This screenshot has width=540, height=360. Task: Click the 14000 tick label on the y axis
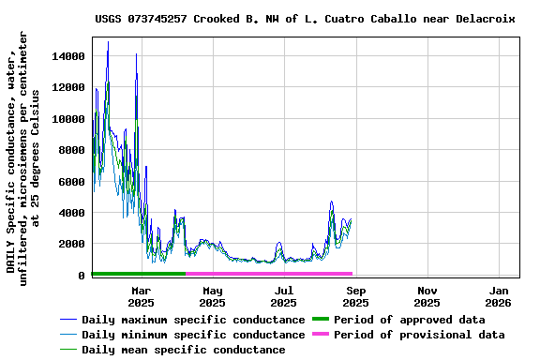point(67,56)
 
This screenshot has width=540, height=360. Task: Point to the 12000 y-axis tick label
point(67,87)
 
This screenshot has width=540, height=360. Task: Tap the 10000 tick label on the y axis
point(67,119)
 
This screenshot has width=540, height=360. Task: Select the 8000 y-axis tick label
point(71,150)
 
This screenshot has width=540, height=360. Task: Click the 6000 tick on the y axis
point(71,181)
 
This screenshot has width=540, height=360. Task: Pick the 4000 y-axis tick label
point(71,213)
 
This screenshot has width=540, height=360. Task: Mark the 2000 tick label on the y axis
point(71,244)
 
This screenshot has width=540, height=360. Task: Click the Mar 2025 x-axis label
point(141,297)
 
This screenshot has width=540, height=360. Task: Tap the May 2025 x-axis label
point(212,297)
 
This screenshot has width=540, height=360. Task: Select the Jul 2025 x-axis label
point(283,297)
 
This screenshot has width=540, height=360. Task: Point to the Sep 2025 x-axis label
point(355,297)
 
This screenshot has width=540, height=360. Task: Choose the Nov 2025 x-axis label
point(427,297)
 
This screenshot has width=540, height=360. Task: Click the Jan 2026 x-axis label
point(498,297)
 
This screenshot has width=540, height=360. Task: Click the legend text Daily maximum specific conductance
point(193,320)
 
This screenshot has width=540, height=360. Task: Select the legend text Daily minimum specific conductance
point(193,335)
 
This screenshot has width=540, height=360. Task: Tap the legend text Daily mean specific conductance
point(184,350)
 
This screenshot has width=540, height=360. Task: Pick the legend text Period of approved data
point(409,320)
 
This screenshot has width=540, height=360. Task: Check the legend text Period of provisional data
point(419,335)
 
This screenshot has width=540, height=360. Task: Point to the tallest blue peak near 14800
point(108,42)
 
